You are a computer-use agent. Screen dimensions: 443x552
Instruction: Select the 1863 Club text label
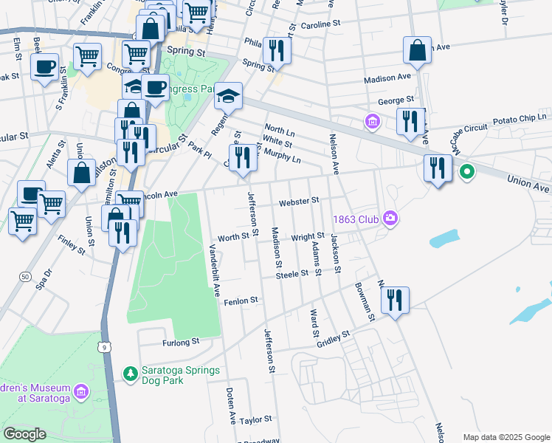[x=356, y=219]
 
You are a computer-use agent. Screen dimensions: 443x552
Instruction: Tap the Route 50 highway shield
[x=26, y=275]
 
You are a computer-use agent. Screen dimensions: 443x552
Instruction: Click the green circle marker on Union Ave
[x=466, y=173]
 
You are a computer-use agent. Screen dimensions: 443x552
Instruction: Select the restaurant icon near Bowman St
[x=395, y=300]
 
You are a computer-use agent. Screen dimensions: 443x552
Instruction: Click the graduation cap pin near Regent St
[x=229, y=96]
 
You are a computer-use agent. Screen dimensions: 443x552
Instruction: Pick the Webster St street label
[x=298, y=201]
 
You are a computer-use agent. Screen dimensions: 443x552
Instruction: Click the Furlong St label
[x=181, y=342]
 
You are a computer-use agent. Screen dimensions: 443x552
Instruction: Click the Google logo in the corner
[x=25, y=434]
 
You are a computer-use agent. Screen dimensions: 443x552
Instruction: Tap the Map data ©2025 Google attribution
[x=506, y=437]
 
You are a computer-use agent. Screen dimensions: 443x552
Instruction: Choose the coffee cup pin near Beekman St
[x=44, y=66]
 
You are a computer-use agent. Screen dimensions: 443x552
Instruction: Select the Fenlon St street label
[x=241, y=301]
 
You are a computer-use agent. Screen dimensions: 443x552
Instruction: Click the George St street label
[x=396, y=100]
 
